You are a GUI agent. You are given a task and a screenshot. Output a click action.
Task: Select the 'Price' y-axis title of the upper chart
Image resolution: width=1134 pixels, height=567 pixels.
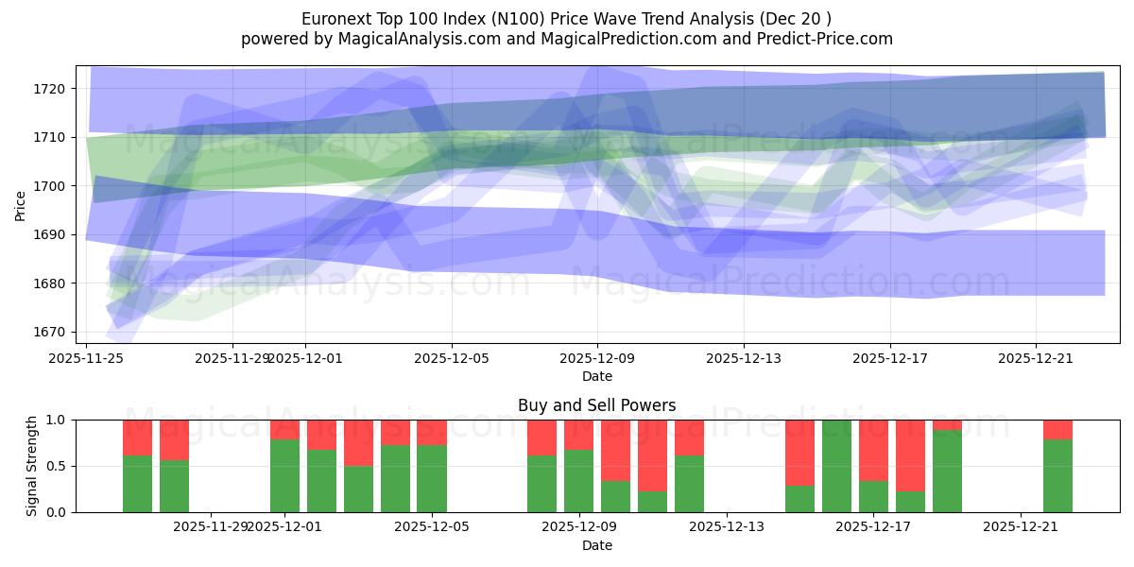(x=21, y=205)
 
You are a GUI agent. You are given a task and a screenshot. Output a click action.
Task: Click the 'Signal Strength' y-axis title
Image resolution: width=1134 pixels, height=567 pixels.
(x=32, y=466)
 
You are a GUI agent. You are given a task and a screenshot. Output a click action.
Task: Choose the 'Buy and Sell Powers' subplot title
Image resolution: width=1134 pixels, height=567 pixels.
(x=596, y=405)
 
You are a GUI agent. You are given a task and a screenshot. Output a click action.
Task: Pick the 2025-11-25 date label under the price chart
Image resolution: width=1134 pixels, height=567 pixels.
(x=87, y=358)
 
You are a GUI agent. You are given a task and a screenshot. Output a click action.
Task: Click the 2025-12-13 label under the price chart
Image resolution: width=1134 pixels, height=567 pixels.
(x=744, y=358)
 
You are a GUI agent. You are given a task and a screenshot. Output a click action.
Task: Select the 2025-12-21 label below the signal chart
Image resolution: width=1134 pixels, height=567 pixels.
(x=1021, y=526)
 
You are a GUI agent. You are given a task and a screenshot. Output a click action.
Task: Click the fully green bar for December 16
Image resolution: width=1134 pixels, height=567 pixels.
(x=836, y=466)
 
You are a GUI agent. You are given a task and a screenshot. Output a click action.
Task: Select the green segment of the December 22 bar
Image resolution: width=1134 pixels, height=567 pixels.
(x=1057, y=476)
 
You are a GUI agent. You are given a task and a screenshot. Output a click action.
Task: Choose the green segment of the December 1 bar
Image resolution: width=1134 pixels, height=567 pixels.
(x=284, y=476)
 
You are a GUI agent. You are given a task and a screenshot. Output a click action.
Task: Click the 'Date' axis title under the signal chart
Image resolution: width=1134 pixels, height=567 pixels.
(x=596, y=545)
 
